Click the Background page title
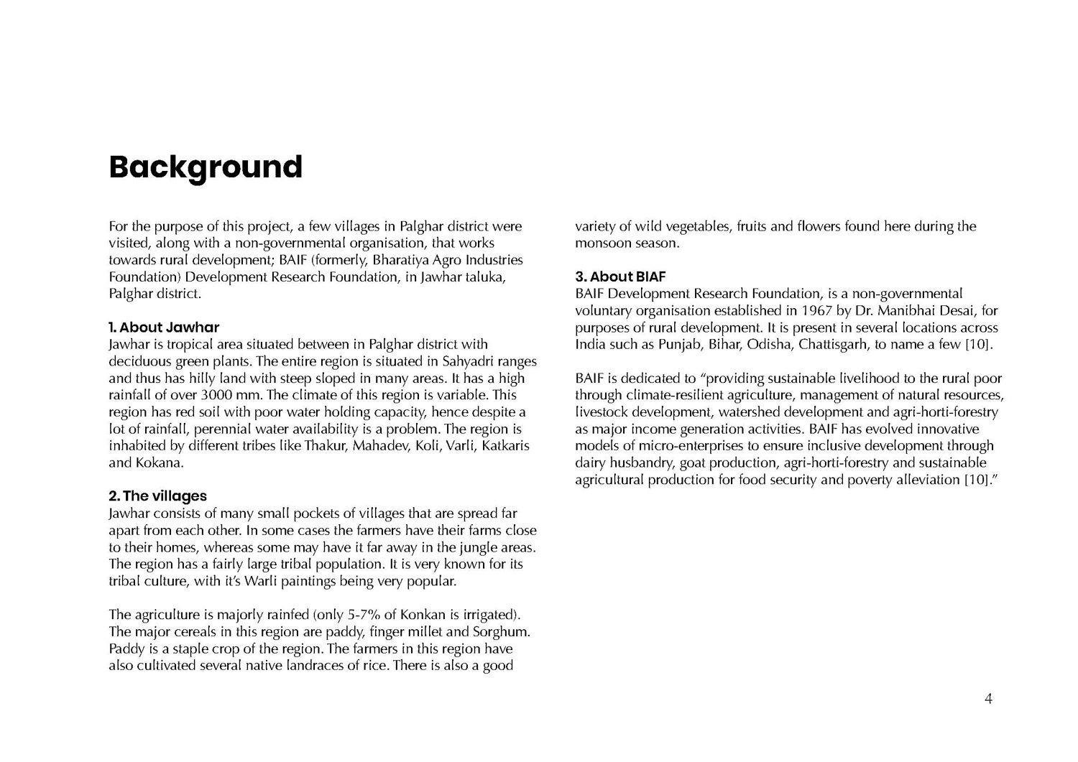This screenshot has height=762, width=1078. (x=206, y=167)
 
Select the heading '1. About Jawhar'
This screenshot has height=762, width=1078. (x=164, y=327)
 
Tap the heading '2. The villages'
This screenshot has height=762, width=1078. (x=157, y=496)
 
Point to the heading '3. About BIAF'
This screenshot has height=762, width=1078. (x=620, y=277)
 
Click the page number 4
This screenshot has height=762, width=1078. (x=988, y=699)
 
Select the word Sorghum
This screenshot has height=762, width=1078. (x=501, y=632)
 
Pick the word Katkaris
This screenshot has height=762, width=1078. (x=505, y=446)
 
